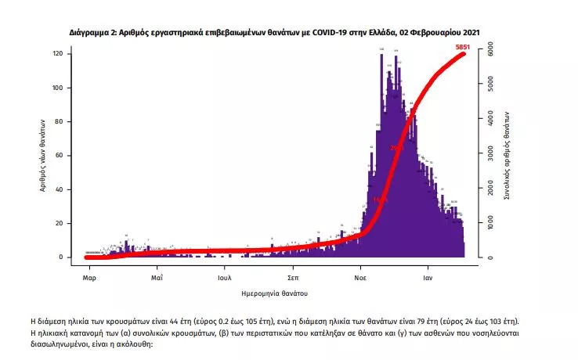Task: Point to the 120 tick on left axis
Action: coord(57,53)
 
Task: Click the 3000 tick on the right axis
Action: coord(489,153)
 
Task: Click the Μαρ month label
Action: coord(89,278)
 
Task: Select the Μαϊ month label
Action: coord(157,278)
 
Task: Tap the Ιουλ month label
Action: coord(225,278)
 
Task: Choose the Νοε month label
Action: coord(361,278)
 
